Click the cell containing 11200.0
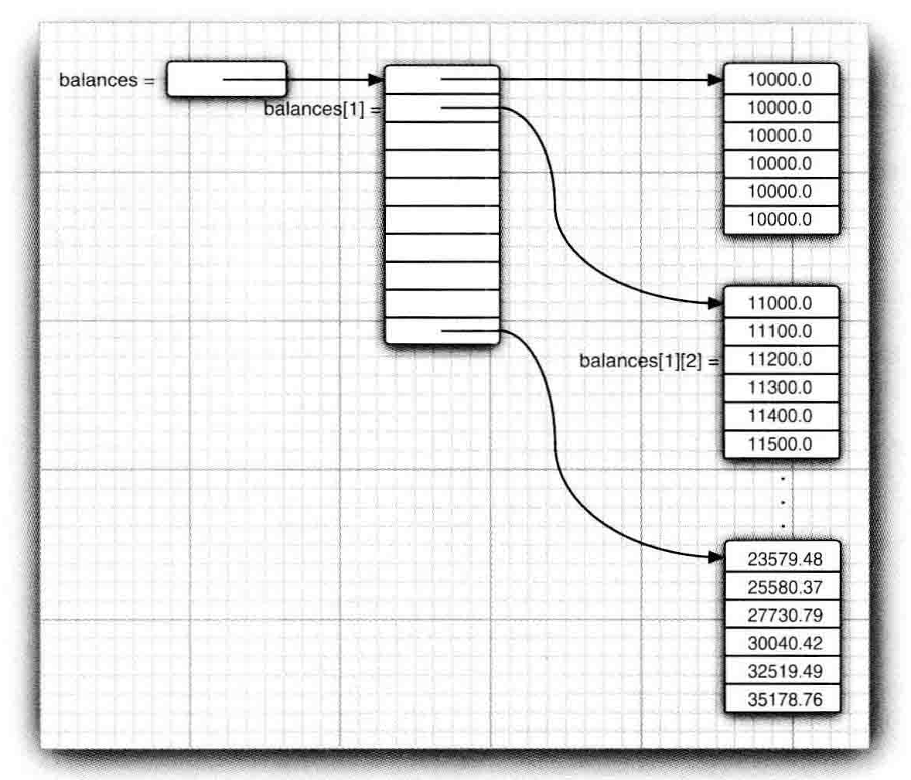780,359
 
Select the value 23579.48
784,559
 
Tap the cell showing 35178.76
784,700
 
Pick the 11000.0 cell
780,303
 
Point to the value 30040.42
784,643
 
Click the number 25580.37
784,588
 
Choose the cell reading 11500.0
780,444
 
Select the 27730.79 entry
784,615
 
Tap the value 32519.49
784,671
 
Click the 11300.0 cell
780,387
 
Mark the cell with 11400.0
780,416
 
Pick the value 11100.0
780,331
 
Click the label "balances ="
107,80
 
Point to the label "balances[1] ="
322,109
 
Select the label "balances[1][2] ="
649,361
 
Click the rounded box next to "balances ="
226,80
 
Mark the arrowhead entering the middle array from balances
377,80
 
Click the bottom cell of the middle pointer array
442,331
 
